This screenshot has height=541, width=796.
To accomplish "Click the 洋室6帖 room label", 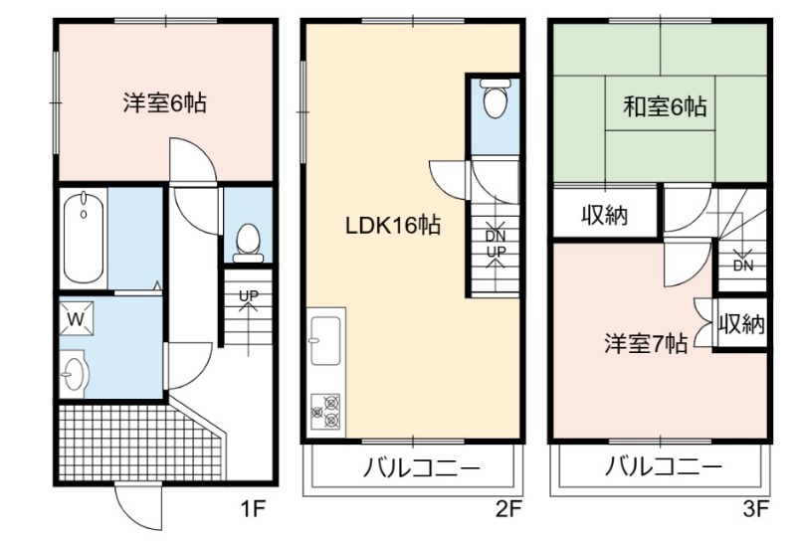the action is pyautogui.click(x=164, y=103).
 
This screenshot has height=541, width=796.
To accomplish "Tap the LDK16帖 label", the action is pyautogui.click(x=392, y=225).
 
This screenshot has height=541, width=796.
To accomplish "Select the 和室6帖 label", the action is pyautogui.click(x=665, y=107).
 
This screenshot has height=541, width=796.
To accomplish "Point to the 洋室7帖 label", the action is pyautogui.click(x=646, y=343).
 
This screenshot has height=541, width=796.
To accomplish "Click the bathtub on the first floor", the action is pyautogui.click(x=84, y=238).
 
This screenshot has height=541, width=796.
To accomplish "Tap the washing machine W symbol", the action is pyautogui.click(x=77, y=318).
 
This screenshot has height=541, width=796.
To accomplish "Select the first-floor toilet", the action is pyautogui.click(x=248, y=243).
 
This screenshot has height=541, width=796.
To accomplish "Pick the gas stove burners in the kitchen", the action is pyautogui.click(x=325, y=411).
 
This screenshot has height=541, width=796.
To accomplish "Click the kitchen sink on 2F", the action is pyautogui.click(x=325, y=340).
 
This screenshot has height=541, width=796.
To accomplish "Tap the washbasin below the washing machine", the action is pyautogui.click(x=75, y=374).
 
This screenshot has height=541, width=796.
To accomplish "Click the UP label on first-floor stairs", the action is pyautogui.click(x=249, y=295).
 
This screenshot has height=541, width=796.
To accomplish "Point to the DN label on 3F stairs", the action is pyautogui.click(x=743, y=266).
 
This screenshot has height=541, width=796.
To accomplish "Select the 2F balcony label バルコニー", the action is pyautogui.click(x=421, y=466).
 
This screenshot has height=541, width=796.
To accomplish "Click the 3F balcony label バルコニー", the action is pyautogui.click(x=663, y=466).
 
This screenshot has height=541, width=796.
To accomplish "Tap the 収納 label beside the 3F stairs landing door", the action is pyautogui.click(x=605, y=215).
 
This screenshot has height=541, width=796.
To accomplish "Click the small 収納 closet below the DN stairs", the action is pyautogui.click(x=741, y=323).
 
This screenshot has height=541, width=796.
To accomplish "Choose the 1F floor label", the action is pyautogui.click(x=253, y=508).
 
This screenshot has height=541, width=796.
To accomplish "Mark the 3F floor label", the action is pyautogui.click(x=756, y=508).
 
